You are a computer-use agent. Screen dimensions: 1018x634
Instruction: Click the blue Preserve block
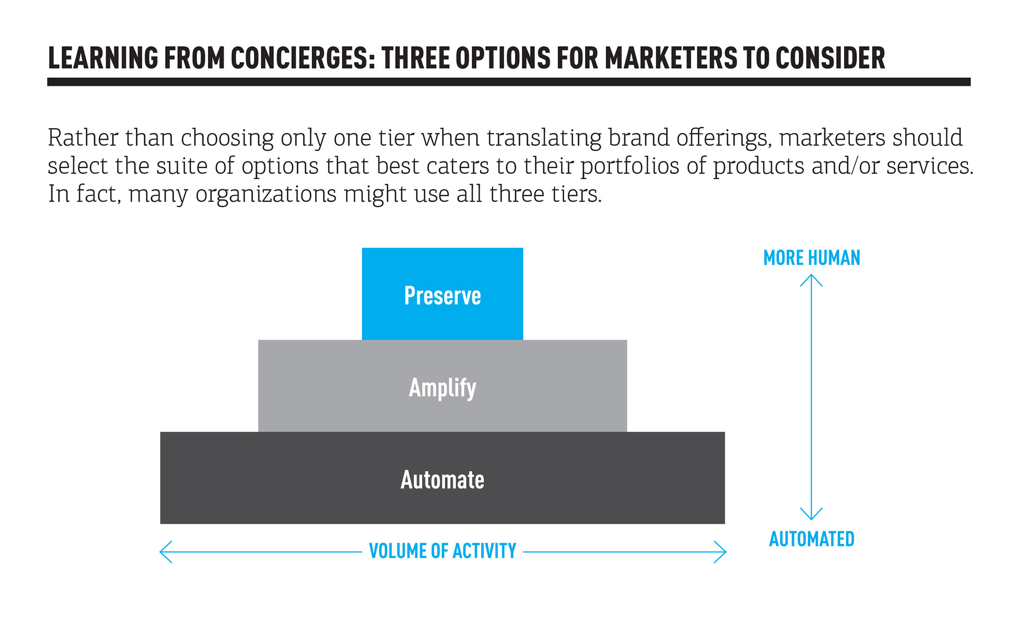(x=442, y=294)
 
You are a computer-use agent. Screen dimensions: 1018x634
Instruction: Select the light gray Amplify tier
(x=442, y=386)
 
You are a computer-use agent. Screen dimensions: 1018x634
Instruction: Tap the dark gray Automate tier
(x=442, y=477)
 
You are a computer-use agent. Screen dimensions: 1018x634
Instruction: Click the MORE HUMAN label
(x=812, y=258)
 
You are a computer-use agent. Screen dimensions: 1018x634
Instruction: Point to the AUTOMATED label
(x=812, y=539)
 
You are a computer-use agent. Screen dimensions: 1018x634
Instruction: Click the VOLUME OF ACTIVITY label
(x=442, y=551)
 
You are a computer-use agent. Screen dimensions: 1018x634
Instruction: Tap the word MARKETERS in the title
(x=671, y=58)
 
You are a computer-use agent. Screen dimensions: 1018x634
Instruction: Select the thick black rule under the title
(x=509, y=82)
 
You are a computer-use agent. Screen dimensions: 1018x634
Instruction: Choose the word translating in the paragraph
(x=544, y=138)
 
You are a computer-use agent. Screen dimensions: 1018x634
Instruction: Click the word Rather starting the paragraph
(x=83, y=138)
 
